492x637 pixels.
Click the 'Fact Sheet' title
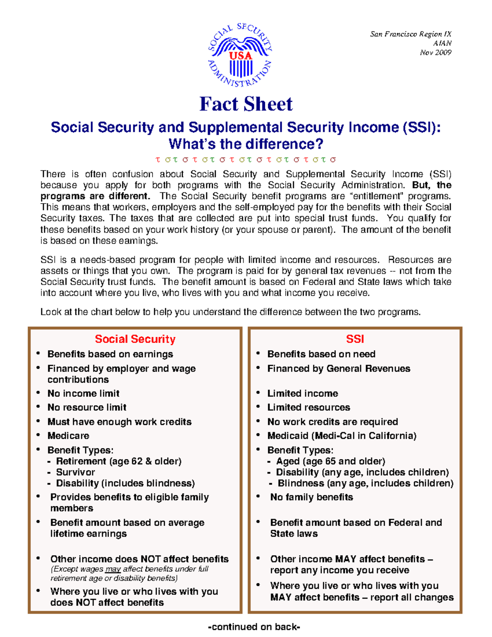pos(246,104)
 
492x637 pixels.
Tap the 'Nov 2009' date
pos(435,53)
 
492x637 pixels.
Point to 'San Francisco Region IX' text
pos(410,34)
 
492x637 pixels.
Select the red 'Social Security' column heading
pos(135,339)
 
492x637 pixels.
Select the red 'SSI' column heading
pos(355,339)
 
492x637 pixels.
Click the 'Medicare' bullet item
pos(68,436)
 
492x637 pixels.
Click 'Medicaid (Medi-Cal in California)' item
pos(342,436)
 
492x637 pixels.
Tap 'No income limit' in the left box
pos(83,393)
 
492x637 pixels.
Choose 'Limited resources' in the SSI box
pos(308,407)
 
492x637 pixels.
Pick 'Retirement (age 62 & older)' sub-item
pos(118,461)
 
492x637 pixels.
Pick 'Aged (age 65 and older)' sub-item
pos(330,461)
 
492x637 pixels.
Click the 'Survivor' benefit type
pos(75,472)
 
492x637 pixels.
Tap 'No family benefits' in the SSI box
pos(311,497)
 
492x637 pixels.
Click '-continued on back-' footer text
pos(254,627)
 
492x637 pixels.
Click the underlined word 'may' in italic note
pos(113,569)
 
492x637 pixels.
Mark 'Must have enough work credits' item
pos(119,422)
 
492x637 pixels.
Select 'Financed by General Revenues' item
pos(339,368)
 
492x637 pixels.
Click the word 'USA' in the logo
pos(240,56)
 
